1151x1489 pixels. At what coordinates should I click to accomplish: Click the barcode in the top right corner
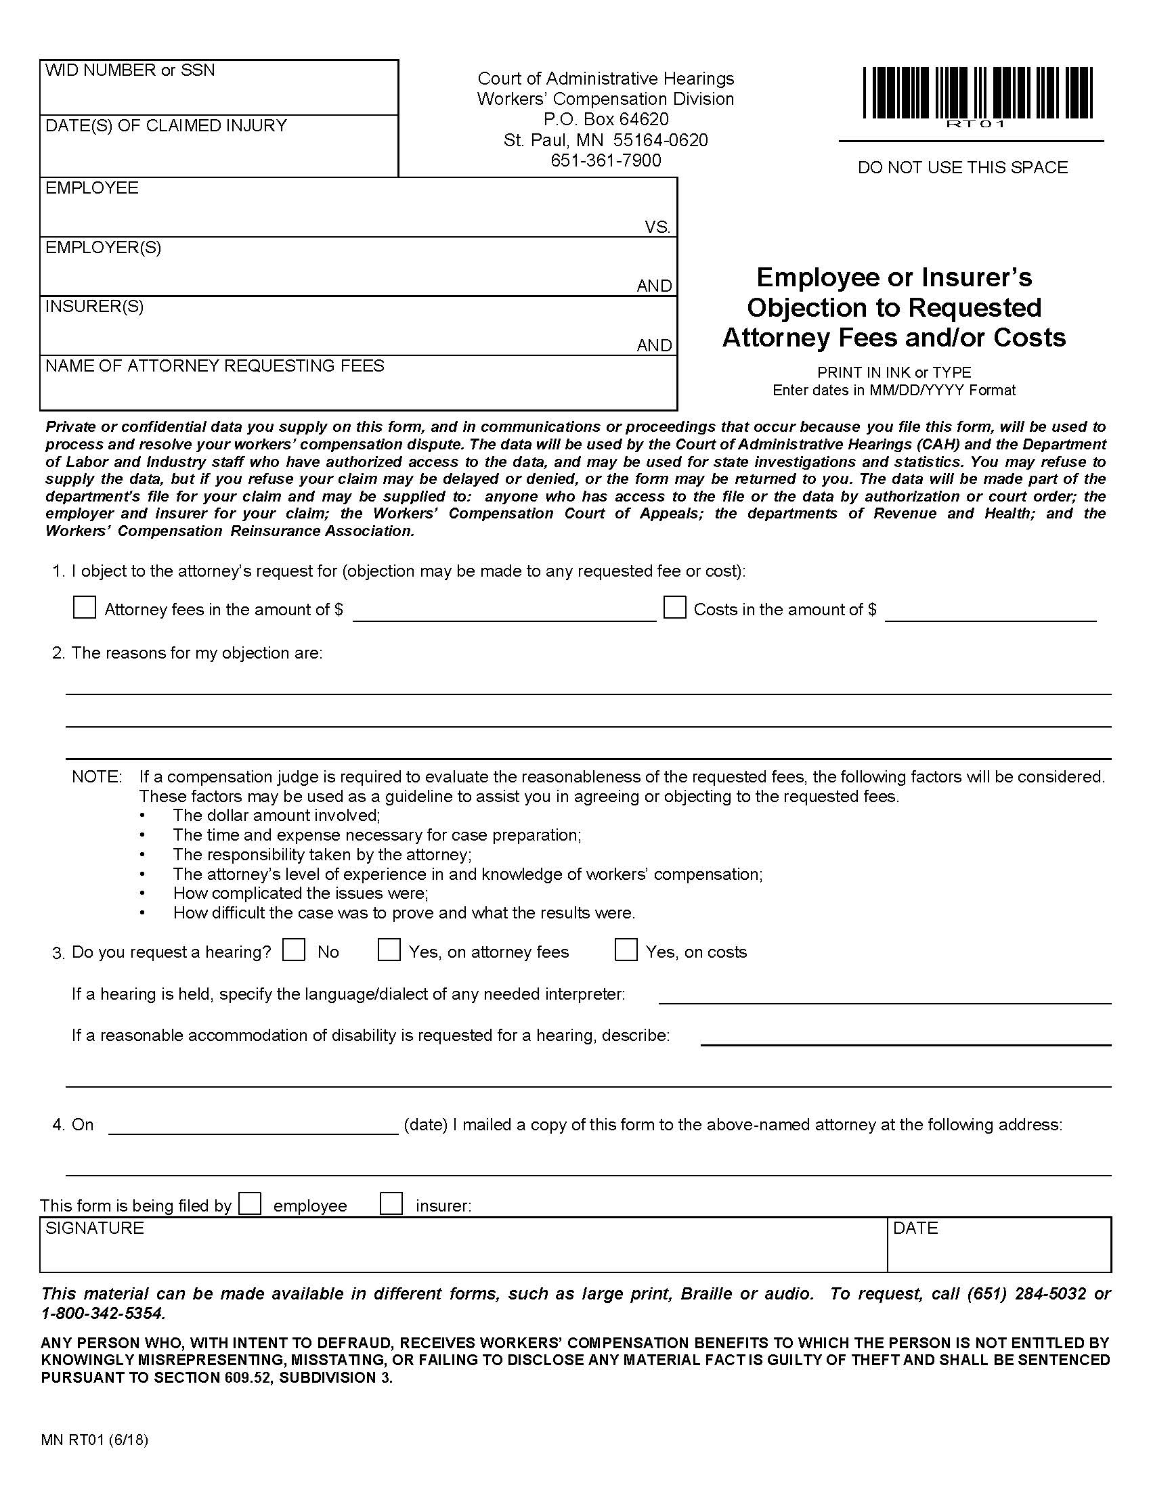[x=977, y=93]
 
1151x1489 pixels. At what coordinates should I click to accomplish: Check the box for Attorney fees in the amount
[x=84, y=608]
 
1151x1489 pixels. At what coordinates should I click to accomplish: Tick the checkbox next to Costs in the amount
[x=674, y=608]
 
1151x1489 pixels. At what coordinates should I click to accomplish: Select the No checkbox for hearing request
[x=294, y=950]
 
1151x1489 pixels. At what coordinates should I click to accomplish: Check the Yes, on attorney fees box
[x=389, y=950]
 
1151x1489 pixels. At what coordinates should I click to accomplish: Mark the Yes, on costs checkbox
[x=626, y=950]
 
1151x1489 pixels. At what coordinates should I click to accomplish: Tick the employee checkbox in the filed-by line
[x=251, y=1203]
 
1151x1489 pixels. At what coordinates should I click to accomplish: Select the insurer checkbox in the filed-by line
[x=391, y=1203]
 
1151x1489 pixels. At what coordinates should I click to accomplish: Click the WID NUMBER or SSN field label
[x=129, y=70]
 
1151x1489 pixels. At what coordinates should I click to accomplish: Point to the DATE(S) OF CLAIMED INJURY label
[x=166, y=125]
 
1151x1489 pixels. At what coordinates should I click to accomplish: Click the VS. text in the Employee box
[x=657, y=227]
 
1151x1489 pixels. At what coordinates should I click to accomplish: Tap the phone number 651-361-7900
[x=605, y=160]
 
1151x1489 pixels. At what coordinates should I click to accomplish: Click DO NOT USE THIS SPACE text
[x=962, y=168]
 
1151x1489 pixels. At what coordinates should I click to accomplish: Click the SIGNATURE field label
[x=94, y=1228]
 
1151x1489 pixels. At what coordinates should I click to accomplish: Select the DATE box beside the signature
[x=998, y=1245]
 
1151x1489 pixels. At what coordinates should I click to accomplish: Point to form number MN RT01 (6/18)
[x=94, y=1440]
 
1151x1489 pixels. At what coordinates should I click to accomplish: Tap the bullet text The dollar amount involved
[x=276, y=816]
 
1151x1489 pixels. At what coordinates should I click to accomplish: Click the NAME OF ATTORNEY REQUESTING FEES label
[x=215, y=366]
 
